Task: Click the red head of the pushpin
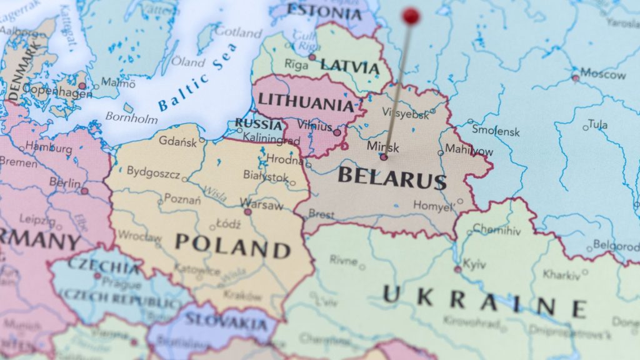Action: [411, 16]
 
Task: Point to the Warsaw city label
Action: [261, 204]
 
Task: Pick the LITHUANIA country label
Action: [306, 101]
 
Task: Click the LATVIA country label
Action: [349, 66]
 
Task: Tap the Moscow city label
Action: [602, 74]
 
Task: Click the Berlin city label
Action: [65, 183]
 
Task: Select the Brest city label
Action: [321, 214]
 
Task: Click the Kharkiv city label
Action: [561, 274]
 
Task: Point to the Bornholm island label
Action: [131, 117]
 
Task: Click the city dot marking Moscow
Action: [575, 78]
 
